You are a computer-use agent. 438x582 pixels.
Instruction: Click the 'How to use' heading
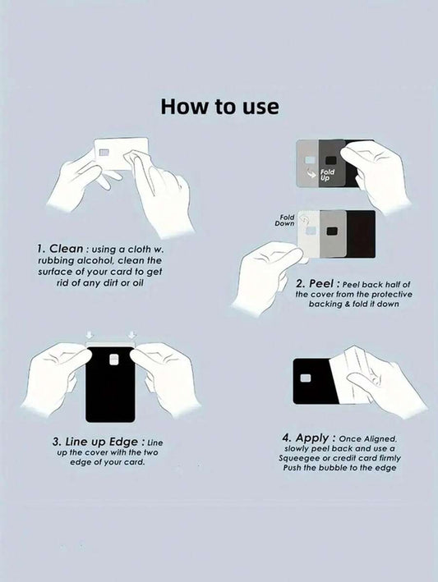(x=219, y=106)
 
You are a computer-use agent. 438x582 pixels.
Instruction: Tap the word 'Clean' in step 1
(x=66, y=249)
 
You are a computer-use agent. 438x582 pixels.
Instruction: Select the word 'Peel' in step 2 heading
(x=321, y=283)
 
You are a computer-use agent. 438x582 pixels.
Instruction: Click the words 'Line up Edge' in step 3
(x=101, y=442)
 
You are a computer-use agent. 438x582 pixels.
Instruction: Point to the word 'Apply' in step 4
(x=312, y=438)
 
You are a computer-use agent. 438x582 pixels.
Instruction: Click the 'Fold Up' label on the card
(x=327, y=175)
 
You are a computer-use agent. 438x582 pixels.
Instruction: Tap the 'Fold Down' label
(x=285, y=220)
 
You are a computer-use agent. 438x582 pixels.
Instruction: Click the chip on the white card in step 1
(x=104, y=153)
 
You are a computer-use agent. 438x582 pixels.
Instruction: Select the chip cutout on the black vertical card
(x=114, y=359)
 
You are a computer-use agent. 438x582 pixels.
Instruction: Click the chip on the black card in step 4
(x=306, y=378)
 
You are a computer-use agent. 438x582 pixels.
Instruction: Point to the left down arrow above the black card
(x=89, y=334)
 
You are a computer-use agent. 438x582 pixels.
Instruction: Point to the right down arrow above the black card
(x=131, y=334)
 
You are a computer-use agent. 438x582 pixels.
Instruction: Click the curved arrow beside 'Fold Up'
(x=311, y=172)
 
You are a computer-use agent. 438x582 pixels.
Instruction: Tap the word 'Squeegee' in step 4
(x=296, y=458)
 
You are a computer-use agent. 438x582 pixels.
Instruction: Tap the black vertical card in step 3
(x=110, y=384)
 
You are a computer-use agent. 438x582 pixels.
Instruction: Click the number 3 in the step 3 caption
(x=56, y=442)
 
